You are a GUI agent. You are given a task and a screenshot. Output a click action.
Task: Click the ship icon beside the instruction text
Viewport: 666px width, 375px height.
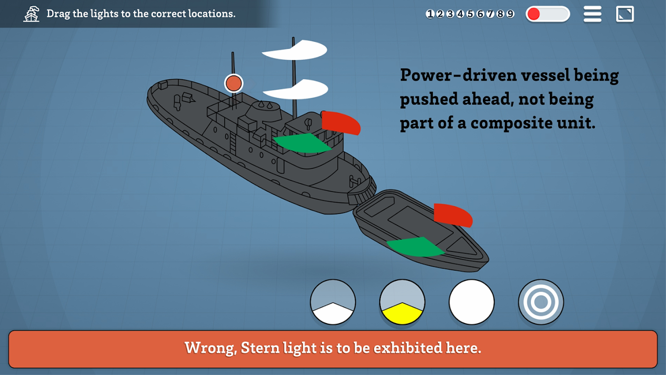click(x=31, y=14)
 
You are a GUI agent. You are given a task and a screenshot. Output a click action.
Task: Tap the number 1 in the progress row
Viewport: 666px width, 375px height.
click(x=429, y=14)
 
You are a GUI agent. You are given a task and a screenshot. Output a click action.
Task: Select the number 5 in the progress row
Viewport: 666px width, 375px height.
click(x=470, y=14)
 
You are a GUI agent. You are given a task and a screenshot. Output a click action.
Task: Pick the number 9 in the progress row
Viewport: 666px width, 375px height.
click(x=510, y=14)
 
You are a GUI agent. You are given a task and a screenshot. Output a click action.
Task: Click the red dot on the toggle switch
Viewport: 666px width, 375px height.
click(x=534, y=14)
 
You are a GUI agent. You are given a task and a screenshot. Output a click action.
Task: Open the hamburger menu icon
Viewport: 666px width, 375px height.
click(x=592, y=14)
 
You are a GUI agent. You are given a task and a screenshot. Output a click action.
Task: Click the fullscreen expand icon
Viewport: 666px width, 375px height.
click(x=625, y=14)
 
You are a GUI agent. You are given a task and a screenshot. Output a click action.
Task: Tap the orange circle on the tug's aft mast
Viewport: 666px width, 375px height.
click(x=234, y=83)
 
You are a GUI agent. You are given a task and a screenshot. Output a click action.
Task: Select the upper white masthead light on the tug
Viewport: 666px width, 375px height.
click(x=295, y=50)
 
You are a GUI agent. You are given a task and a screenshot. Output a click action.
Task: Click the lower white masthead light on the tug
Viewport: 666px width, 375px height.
click(x=296, y=89)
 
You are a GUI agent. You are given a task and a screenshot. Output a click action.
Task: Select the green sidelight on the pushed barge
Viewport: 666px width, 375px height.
click(x=415, y=247)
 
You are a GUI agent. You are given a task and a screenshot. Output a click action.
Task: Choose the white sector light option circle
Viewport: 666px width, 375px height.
click(x=333, y=302)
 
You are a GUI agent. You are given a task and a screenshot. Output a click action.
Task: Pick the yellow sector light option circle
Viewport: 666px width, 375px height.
click(x=402, y=302)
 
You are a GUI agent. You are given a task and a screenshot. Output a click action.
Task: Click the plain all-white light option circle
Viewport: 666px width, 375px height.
click(x=472, y=302)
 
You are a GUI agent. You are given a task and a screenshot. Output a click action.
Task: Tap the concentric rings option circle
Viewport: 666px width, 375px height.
click(x=541, y=302)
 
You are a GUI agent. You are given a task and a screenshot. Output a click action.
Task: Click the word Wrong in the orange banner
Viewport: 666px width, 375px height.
click(x=210, y=348)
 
